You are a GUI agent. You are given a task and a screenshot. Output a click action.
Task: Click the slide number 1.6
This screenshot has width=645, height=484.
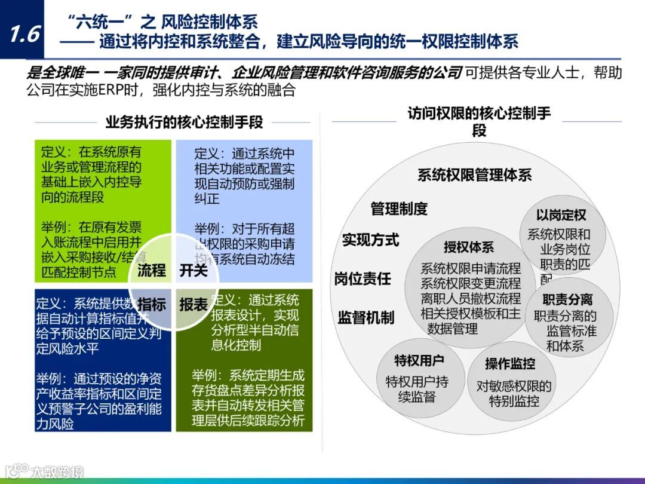click(x=24, y=34)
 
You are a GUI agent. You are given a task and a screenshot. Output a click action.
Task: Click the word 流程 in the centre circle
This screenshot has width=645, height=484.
click(x=151, y=270)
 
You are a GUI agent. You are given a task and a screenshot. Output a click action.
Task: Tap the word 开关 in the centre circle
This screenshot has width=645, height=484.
click(x=193, y=270)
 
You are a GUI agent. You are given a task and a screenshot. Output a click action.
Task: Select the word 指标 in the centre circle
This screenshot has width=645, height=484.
click(x=151, y=304)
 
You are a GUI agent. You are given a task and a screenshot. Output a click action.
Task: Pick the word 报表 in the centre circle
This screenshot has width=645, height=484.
click(x=193, y=304)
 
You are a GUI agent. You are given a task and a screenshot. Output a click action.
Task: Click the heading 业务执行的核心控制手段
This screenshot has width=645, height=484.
click(x=184, y=122)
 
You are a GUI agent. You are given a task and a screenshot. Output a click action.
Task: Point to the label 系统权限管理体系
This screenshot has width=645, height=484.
click(x=474, y=175)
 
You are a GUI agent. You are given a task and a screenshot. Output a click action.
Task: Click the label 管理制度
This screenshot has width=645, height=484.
click(x=399, y=209)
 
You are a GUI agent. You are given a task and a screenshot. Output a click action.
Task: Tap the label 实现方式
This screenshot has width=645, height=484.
click(x=370, y=240)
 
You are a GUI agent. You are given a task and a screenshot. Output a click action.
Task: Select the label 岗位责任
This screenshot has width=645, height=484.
click(x=363, y=278)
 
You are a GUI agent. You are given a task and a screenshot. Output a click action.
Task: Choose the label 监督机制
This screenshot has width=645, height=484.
click(x=366, y=318)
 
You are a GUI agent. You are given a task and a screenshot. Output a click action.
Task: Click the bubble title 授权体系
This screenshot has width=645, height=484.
click(x=469, y=247)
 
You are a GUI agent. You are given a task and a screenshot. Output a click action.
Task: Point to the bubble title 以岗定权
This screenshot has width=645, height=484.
click(x=561, y=215)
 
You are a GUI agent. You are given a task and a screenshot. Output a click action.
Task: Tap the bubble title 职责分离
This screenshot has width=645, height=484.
click(x=567, y=299)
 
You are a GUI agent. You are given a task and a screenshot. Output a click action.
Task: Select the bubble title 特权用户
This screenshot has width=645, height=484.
click(x=419, y=360)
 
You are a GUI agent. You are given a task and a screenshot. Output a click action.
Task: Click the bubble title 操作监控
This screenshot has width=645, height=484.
click(x=510, y=363)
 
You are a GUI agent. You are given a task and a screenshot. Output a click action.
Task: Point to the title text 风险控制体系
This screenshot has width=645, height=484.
click(x=210, y=23)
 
